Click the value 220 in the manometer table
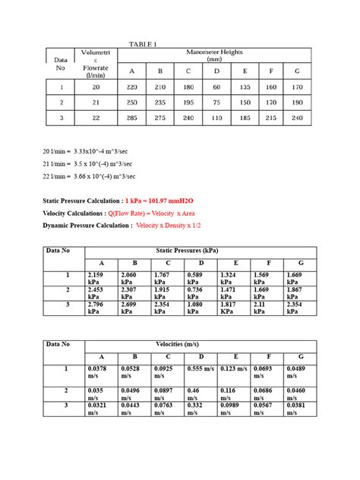131,87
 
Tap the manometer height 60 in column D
216,87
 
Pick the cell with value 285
131,118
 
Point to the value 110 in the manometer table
216,118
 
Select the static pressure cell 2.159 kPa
100,278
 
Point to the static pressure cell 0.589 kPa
200,278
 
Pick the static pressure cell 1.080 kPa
200,308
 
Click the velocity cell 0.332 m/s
199,409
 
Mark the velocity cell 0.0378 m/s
100,372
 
